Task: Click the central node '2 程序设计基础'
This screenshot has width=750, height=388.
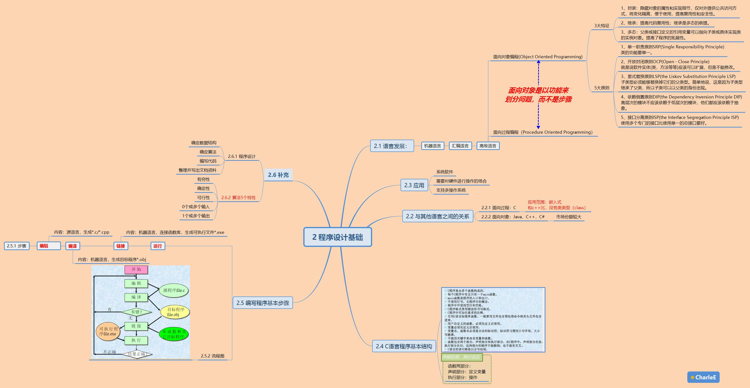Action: tap(337, 237)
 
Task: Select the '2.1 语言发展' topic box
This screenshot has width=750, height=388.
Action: tap(392, 146)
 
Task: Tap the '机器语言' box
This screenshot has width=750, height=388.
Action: tap(432, 146)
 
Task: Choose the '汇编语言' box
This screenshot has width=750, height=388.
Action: tap(460, 146)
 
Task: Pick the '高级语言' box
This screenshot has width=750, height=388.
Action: tap(488, 146)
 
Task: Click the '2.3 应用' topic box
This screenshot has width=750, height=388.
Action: tap(414, 185)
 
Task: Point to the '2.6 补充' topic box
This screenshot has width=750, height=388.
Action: tap(278, 175)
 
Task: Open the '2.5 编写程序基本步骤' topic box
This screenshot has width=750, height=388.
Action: tap(263, 303)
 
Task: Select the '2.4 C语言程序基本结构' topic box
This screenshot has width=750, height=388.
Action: tap(404, 346)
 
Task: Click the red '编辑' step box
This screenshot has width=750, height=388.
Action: tap(48, 246)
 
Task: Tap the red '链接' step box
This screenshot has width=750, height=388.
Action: tap(120, 246)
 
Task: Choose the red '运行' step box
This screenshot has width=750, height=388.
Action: tap(157, 246)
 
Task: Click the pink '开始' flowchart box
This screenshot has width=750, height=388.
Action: tap(136, 270)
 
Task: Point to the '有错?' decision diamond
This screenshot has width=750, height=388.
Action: tap(136, 312)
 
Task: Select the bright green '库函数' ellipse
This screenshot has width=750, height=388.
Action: tap(174, 334)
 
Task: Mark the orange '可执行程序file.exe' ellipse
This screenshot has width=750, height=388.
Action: tap(108, 331)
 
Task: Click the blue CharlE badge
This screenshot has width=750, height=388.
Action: tap(703, 377)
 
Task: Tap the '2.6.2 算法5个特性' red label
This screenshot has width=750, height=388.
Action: tap(238, 198)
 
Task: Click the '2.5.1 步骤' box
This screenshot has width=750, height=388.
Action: tap(17, 246)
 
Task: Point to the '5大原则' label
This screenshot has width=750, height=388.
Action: tap(601, 88)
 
